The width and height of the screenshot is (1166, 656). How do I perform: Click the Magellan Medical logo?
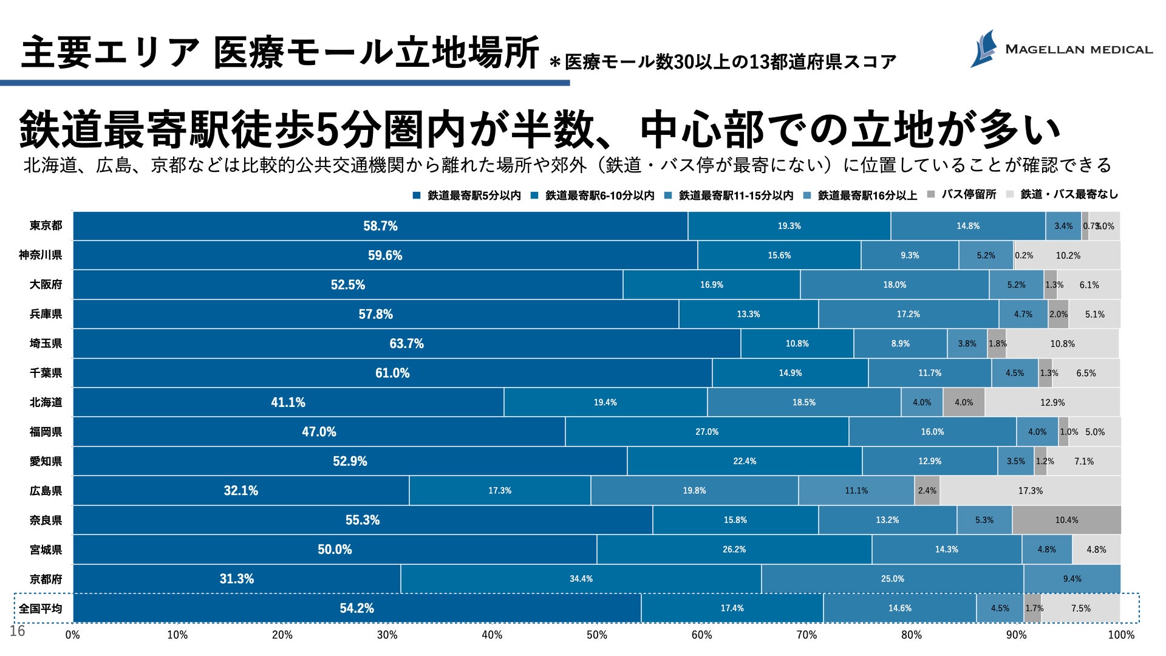coord(1060,49)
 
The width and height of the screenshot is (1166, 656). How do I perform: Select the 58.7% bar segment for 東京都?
coord(380,226)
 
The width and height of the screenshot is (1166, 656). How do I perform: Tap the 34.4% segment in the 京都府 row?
coord(581,579)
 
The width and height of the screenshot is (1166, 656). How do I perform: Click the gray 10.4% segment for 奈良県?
coord(1066,520)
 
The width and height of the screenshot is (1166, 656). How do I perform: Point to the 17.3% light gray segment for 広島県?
coord(1030,491)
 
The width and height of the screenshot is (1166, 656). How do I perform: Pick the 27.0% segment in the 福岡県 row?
coord(707,432)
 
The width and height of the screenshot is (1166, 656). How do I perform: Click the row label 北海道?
coord(46,402)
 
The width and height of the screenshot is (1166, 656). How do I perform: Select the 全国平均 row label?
coord(40,608)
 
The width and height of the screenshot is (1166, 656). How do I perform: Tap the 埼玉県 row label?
coord(46,343)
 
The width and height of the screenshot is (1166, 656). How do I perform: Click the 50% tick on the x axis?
coord(596,635)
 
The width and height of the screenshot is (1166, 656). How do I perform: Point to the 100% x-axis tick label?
coord(1120,635)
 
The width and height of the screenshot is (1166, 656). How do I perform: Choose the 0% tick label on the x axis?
coord(72,635)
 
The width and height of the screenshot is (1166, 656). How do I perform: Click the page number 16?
coord(17,631)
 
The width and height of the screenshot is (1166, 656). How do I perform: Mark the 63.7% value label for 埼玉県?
coord(406,344)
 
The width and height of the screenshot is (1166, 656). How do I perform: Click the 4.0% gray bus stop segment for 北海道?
coord(964,402)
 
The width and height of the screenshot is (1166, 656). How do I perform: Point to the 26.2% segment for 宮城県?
coord(734,550)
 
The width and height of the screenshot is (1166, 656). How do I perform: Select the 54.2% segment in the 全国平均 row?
coord(356,608)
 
